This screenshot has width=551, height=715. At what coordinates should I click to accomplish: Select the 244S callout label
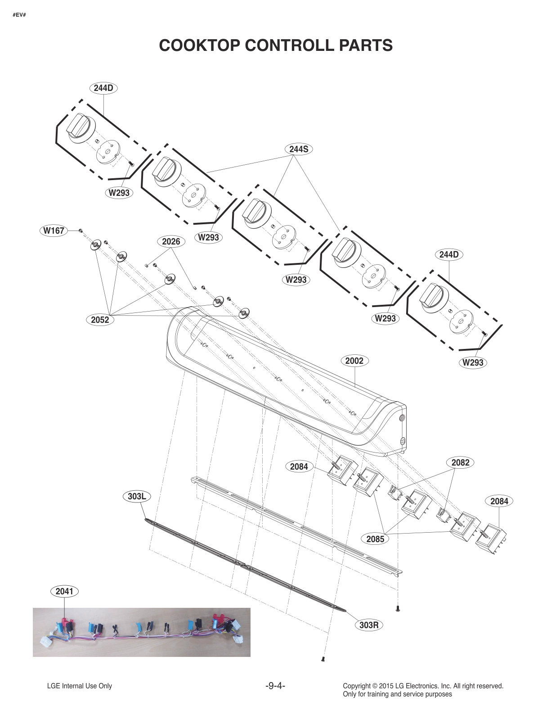click(298, 149)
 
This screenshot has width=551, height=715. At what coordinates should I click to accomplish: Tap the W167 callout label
click(54, 231)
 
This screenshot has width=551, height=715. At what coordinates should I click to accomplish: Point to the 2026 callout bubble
click(171, 242)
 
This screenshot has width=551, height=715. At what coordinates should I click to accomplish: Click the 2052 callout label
click(100, 320)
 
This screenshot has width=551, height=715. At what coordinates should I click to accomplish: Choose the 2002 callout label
click(354, 361)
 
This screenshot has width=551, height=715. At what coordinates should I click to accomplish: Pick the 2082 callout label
click(460, 462)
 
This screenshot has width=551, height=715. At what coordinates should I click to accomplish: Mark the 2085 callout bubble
click(375, 539)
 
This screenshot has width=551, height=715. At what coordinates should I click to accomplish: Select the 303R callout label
click(368, 625)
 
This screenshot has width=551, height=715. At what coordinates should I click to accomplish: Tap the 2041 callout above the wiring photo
click(64, 591)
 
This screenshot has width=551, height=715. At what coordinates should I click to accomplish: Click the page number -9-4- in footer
click(275, 686)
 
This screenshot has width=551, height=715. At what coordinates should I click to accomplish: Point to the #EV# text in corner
click(19, 16)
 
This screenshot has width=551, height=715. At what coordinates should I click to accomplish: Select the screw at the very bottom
click(323, 659)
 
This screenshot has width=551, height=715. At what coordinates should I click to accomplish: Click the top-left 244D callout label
click(103, 88)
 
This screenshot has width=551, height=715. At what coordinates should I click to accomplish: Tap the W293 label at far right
click(473, 362)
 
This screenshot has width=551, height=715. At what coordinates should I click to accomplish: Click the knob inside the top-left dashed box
click(80, 128)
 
